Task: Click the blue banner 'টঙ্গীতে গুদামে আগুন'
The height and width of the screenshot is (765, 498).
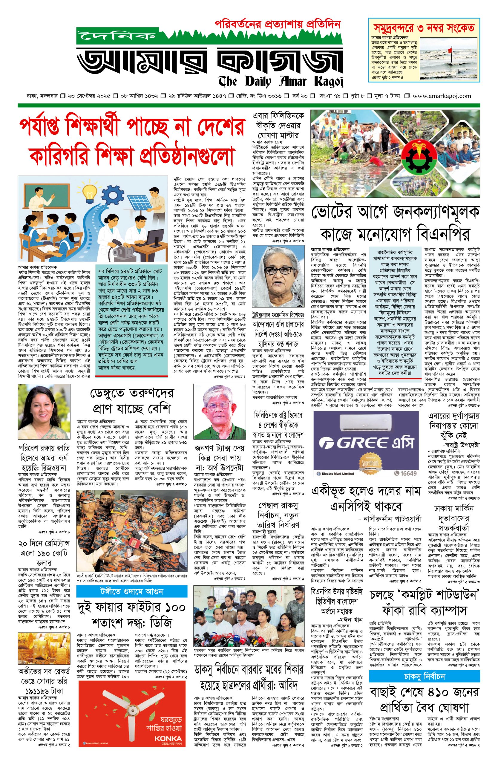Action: pos(132,591)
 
